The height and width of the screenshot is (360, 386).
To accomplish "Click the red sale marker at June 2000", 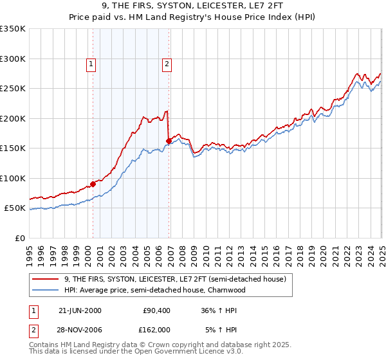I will (93, 184).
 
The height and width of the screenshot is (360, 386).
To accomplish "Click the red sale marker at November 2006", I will (169, 141).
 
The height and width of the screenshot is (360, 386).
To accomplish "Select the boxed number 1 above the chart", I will (91, 64).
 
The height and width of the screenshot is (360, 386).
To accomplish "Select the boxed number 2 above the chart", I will (167, 64).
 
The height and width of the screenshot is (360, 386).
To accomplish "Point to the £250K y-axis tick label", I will (13, 89).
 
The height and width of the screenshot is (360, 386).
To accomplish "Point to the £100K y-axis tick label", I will (13, 178).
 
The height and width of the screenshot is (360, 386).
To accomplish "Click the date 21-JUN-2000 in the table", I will (80, 310).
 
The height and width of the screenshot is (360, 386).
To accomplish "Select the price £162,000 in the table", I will (156, 330).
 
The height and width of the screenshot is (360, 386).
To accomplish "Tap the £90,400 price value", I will (156, 310).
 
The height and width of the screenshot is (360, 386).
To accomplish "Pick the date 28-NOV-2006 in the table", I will (80, 330).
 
